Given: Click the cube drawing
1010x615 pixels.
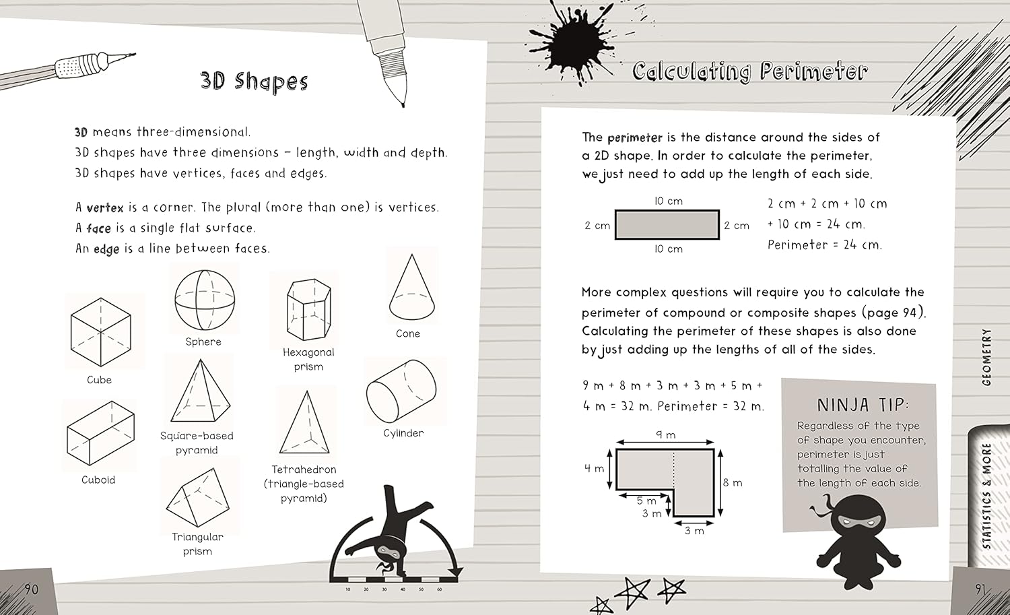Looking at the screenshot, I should point(101,332).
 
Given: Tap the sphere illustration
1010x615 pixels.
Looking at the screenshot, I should point(205,300).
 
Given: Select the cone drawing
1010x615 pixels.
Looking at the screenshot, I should point(411,288).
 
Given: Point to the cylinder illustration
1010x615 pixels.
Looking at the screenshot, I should point(401,391).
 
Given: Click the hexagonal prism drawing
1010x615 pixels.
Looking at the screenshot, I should point(308,310).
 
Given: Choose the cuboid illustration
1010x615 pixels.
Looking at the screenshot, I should point(100,434).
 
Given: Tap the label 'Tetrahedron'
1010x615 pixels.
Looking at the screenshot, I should point(304,470).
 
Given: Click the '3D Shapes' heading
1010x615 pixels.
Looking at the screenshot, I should point(254,82).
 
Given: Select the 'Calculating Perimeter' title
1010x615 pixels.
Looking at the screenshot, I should point(750,71).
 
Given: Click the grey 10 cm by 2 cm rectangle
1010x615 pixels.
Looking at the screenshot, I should point(667,225).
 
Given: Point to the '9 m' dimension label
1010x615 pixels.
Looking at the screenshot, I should point(666,435).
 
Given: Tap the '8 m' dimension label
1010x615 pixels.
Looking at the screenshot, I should point(733,482).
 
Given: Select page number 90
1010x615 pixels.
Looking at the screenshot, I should point(32,589).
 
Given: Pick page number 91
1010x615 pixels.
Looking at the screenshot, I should point(980,589).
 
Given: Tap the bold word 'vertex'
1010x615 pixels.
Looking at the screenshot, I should point(105,207).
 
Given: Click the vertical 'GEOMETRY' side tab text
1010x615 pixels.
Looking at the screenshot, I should point(986,357).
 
